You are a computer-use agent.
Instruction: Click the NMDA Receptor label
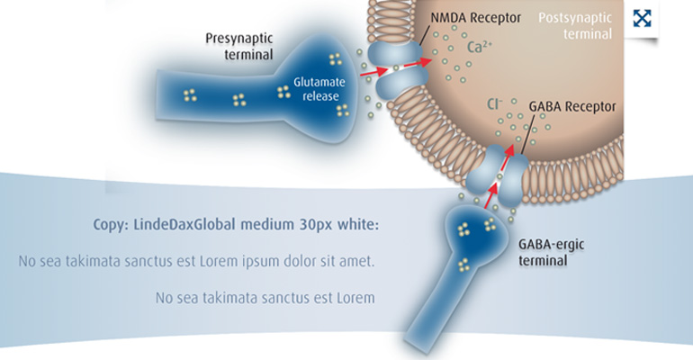(474, 18)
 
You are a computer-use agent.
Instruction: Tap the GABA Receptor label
(572, 106)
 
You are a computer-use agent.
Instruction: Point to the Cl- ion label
(494, 104)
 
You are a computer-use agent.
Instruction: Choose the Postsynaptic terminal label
(574, 25)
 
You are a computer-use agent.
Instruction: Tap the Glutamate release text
(315, 88)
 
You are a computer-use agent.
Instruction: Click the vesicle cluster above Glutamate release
(336, 59)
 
